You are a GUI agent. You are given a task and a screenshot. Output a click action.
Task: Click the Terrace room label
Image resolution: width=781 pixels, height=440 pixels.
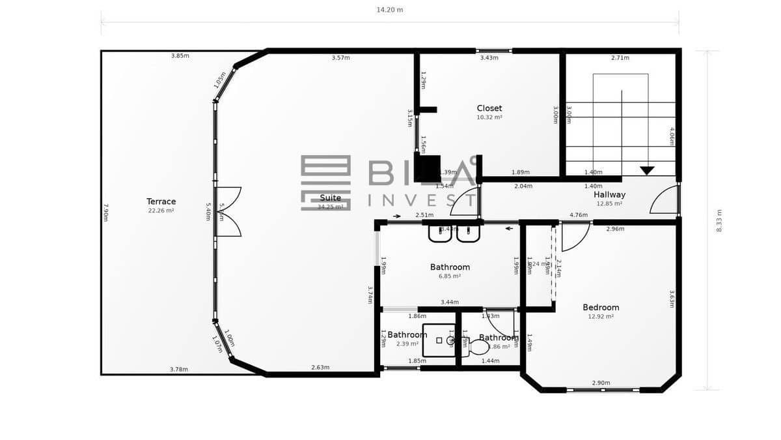point(161,201)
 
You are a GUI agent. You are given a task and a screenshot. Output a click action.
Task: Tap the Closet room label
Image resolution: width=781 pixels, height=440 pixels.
point(489,108)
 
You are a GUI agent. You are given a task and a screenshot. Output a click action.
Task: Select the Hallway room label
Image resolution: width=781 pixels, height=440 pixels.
point(609,194)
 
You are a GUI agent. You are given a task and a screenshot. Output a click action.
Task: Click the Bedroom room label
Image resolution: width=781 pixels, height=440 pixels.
point(600,307)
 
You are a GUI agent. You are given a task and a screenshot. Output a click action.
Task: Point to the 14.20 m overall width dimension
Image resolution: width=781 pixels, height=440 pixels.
point(390,10)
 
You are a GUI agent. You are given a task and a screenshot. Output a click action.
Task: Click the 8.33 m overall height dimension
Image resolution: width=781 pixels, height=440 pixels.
point(719,220)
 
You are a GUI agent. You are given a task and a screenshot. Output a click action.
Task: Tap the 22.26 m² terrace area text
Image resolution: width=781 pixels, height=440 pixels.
point(161,211)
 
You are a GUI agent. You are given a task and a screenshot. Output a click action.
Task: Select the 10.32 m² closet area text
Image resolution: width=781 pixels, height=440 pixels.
point(489,117)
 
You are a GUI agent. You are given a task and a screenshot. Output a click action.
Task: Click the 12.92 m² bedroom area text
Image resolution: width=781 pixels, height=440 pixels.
point(600,316)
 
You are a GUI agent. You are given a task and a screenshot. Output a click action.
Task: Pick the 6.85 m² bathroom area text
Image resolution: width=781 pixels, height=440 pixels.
point(450,276)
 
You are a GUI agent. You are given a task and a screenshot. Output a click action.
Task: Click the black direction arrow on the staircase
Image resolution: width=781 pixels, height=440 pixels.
point(646,171)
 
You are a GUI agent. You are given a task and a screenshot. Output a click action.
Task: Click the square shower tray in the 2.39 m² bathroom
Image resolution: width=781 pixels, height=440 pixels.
point(439,340)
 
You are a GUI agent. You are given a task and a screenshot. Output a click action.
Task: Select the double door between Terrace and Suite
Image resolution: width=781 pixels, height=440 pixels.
point(228,212)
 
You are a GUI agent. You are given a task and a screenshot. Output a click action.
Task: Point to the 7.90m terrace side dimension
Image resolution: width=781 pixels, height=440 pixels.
point(105,213)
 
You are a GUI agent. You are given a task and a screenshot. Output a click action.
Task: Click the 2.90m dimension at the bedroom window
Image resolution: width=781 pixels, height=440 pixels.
point(600,383)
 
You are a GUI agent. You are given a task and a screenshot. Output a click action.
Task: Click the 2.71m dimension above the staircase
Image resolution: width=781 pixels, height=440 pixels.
point(620,58)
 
